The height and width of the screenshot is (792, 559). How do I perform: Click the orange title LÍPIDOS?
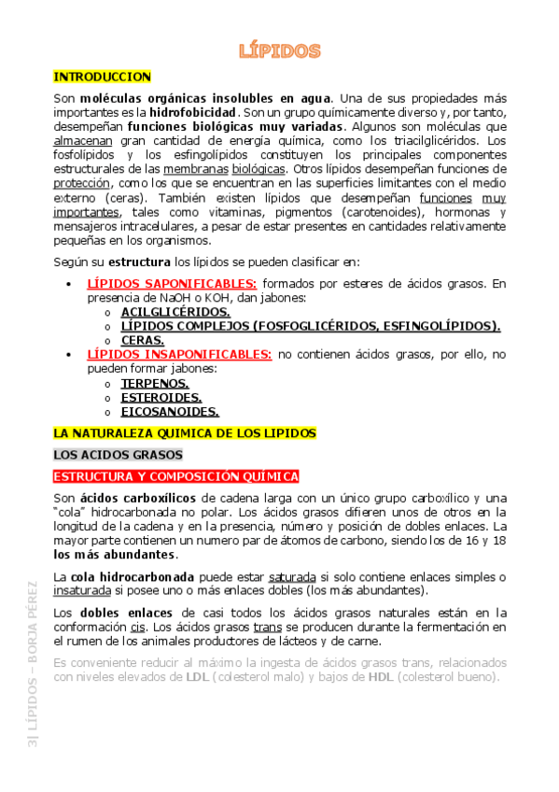(x=280, y=50)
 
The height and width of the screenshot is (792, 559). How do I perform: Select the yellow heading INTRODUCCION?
(x=103, y=78)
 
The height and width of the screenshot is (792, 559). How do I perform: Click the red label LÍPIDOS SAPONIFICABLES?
(x=172, y=284)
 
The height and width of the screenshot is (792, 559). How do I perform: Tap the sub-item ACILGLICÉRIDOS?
(x=175, y=312)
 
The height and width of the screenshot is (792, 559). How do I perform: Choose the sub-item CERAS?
(x=143, y=341)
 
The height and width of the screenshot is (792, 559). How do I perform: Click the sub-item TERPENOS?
(x=155, y=383)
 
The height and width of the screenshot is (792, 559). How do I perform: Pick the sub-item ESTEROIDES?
(x=161, y=397)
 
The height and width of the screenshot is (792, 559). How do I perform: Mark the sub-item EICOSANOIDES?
(x=170, y=411)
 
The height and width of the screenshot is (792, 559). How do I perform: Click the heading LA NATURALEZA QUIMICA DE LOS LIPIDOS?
(x=185, y=434)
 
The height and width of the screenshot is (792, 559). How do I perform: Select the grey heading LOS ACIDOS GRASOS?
(x=118, y=455)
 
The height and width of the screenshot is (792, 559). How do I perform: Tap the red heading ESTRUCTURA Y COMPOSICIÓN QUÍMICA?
(x=175, y=476)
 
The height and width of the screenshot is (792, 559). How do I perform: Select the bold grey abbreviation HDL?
(x=380, y=677)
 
